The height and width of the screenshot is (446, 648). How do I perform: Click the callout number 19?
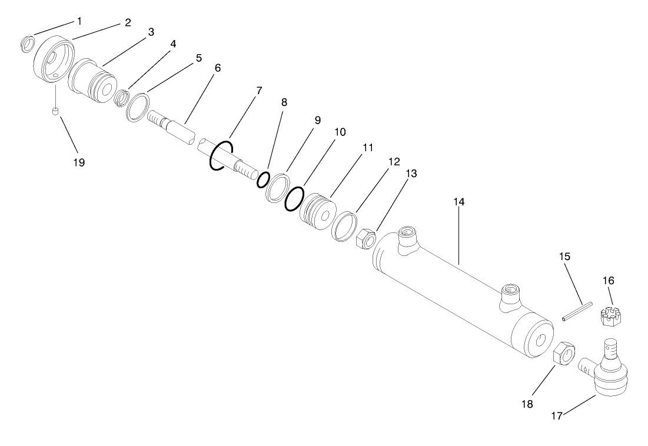coord(79,163)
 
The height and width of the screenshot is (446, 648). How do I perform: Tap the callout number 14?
coord(459,202)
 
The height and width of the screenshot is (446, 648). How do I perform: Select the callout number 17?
coord(556,415)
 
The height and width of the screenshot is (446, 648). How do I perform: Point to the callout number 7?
coord(259,91)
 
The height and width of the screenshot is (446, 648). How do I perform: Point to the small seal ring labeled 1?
coord(26,44)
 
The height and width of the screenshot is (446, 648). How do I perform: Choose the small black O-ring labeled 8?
coord(263,179)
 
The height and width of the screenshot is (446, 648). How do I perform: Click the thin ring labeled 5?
coord(137,107)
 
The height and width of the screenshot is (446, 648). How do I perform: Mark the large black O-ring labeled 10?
coord(294,199)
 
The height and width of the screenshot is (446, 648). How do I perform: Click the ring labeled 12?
coord(344,227)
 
